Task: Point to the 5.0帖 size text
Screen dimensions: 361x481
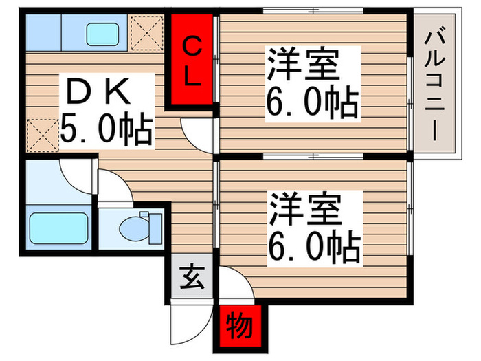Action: click(x=105, y=129)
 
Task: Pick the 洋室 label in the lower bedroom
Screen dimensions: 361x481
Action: click(x=303, y=208)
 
